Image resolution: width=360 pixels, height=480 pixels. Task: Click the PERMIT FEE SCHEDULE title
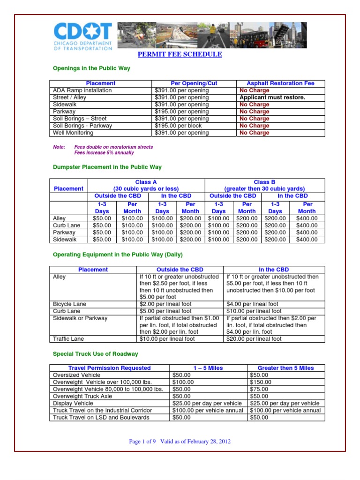pyautogui.click(x=180, y=55)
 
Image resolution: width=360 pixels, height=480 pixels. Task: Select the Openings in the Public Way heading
pyautogui.click(x=91, y=68)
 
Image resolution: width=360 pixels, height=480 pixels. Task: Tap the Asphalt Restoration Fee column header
pyautogui.click(x=280, y=83)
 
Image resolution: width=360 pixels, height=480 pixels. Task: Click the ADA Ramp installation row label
pyautogui.click(x=82, y=90)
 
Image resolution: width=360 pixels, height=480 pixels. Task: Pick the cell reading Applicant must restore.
pyautogui.click(x=272, y=97)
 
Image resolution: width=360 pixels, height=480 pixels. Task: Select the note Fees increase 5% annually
pyautogui.click(x=104, y=152)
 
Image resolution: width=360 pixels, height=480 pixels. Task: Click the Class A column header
pyautogui.click(x=146, y=185)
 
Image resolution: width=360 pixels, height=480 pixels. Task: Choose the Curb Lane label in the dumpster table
pyautogui.click(x=67, y=225)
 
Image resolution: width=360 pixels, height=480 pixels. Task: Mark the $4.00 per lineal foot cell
pyautogui.click(x=254, y=304)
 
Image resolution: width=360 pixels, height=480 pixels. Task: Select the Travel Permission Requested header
pyautogui.click(x=110, y=368)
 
